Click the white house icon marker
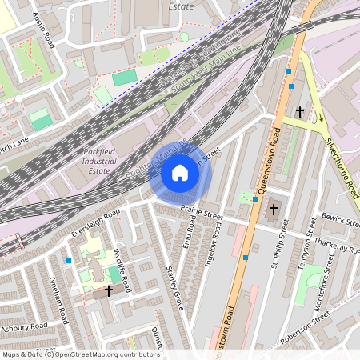[180, 173]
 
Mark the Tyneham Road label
[58, 300]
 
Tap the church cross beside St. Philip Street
[273, 210]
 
